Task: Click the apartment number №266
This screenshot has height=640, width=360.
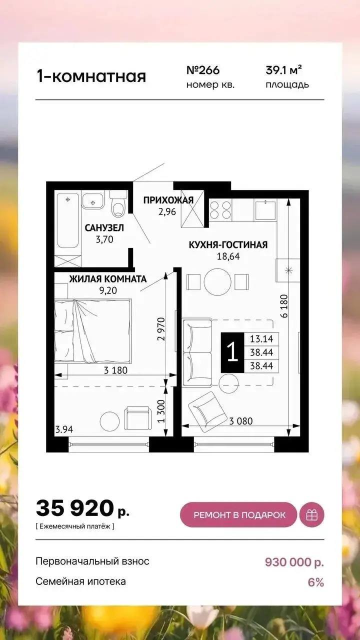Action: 203,70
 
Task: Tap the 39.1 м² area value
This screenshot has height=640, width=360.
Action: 283,70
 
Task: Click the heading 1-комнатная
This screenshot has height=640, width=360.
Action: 91,76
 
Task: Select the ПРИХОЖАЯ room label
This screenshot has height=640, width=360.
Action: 168,200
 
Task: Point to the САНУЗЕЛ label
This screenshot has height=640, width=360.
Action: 104,227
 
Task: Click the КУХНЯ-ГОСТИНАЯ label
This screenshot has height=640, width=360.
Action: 228,245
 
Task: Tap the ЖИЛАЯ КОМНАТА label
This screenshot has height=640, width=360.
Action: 107,279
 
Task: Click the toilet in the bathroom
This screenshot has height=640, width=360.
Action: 118,203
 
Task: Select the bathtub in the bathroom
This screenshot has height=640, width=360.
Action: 67,220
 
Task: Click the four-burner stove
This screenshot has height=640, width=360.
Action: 220,209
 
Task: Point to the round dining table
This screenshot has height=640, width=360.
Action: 217,281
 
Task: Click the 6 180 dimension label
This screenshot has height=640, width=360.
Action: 284,306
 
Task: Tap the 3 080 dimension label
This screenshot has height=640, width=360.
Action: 241,421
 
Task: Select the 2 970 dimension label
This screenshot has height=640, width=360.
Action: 161,329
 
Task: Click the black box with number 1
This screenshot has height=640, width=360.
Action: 232,352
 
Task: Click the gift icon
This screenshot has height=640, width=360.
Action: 311,515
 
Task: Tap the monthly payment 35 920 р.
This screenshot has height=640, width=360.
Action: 82,508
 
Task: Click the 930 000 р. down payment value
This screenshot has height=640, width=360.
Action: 294,562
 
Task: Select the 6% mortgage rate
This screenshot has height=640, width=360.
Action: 315,582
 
